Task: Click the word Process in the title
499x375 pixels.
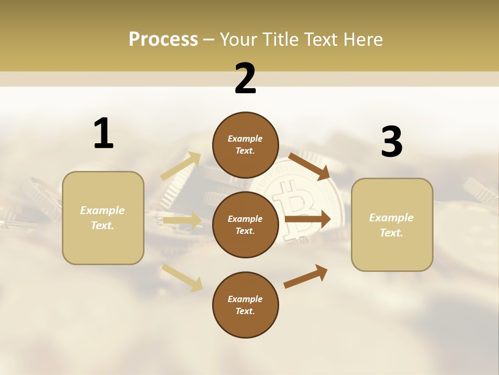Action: pos(163,40)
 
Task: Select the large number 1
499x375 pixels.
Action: pos(103,134)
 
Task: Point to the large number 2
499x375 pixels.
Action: pos(245,79)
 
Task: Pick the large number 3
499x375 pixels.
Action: pos(391,142)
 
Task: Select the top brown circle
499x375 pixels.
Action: pos(245,145)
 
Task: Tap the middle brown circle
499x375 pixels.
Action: pos(245,224)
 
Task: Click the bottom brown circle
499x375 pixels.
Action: pos(245,305)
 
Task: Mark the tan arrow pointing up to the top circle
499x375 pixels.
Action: pos(181,166)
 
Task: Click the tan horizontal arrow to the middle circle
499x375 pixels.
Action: pos(182,221)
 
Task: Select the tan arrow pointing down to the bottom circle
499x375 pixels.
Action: pos(182,277)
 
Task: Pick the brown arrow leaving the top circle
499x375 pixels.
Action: pos(309,166)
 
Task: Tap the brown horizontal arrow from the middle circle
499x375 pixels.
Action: pos(308,219)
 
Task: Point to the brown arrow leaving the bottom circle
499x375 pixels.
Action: pos(306,276)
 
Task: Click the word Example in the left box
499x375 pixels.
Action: pos(102,210)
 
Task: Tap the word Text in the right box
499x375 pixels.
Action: pos(391,233)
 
